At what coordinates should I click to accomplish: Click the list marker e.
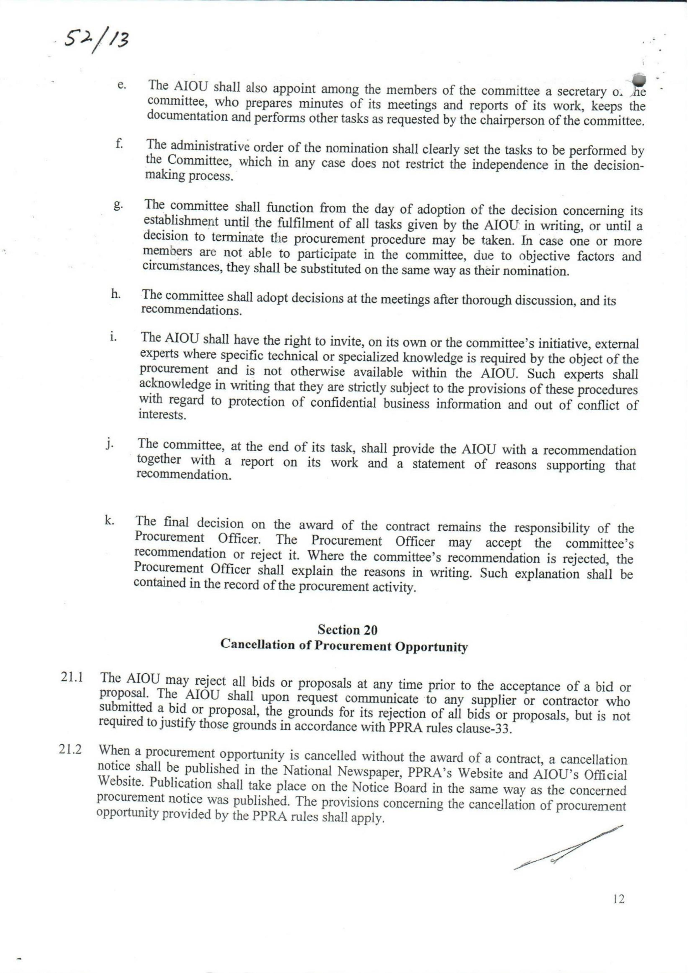tap(121, 85)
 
